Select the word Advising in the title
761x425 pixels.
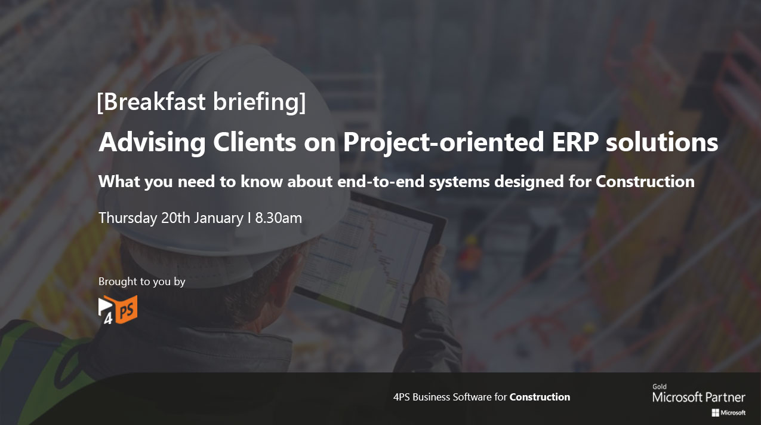152,142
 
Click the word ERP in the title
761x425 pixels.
575,142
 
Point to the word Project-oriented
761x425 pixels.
443,143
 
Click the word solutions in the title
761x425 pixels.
662,142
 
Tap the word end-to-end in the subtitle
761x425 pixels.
381,181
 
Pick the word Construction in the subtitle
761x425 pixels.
645,181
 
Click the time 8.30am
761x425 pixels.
279,218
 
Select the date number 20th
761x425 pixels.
175,218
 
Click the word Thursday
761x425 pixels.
128,218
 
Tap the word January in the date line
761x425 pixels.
219,218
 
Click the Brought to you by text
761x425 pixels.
141,282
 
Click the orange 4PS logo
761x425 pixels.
118,310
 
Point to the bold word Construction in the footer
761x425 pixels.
540,397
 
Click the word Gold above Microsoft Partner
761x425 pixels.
660,387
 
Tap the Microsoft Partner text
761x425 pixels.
699,397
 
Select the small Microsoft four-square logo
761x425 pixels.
716,413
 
